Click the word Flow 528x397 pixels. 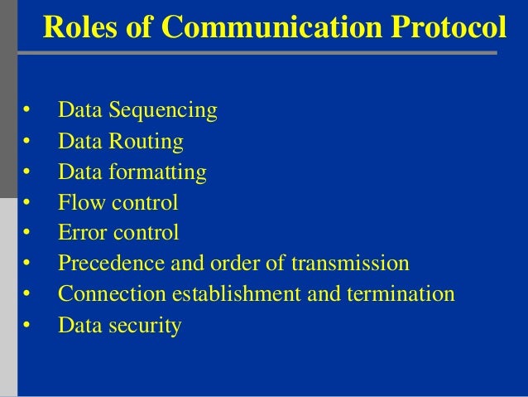(78, 202)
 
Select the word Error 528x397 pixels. (79, 233)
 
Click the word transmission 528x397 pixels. (351, 264)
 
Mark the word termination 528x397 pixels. (401, 294)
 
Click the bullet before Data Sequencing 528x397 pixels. (26, 111)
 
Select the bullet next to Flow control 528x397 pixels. (26, 203)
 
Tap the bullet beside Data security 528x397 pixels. (26, 327)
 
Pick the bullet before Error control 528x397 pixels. (26, 234)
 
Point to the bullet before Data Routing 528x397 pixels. (26, 142)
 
